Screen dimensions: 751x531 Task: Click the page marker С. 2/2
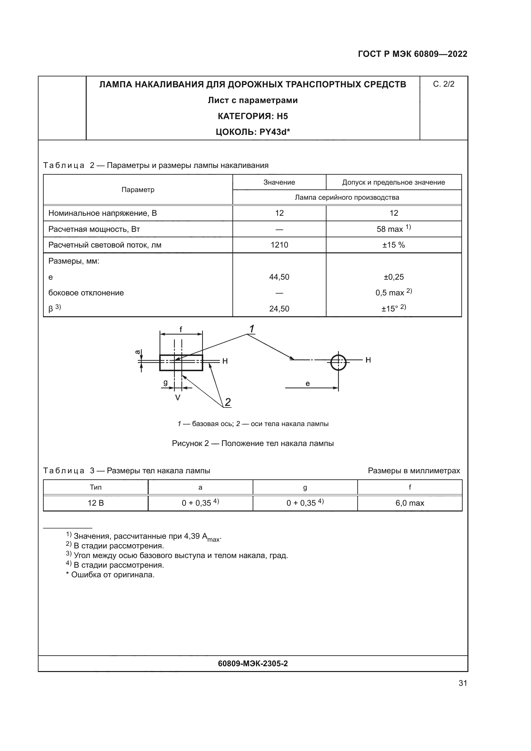tap(443, 84)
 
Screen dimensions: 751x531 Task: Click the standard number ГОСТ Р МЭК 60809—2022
tap(413, 54)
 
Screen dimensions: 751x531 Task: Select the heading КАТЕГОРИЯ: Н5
tap(253, 116)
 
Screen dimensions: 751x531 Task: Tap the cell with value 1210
tap(279, 245)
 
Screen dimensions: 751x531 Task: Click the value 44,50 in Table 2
tap(279, 277)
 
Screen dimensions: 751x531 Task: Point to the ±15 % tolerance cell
tap(393, 245)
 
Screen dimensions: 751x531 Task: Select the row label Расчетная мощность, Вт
tap(94, 229)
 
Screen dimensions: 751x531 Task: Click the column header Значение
tap(279, 182)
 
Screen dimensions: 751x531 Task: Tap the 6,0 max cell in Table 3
tap(409, 503)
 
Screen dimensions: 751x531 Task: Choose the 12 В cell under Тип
tap(95, 503)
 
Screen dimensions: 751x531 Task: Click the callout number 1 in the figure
tap(252, 329)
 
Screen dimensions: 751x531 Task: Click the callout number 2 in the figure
tap(228, 402)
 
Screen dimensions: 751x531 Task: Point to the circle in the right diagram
tap(338, 362)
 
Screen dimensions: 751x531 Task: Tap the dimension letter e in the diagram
tap(307, 384)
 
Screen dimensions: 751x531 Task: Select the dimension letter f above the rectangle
tap(180, 329)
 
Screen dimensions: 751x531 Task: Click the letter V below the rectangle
tap(178, 398)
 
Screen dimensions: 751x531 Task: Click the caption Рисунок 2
tap(253, 443)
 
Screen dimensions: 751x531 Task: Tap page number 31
tap(463, 683)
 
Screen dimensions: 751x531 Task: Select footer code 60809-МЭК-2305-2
tap(253, 664)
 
